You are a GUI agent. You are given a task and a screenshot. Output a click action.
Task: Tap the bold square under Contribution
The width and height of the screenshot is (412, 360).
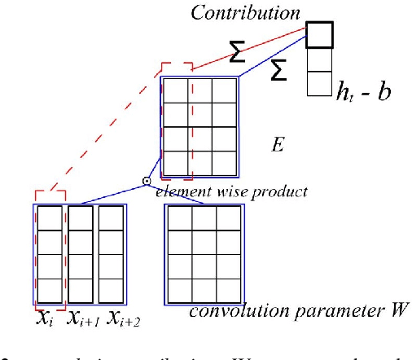point(319,34)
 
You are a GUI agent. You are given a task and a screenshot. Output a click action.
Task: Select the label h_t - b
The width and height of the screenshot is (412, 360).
point(363,90)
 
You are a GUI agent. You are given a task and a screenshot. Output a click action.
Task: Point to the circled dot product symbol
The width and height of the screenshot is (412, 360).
point(147,181)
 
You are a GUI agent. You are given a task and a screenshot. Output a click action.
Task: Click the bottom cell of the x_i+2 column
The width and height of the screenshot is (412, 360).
point(112,289)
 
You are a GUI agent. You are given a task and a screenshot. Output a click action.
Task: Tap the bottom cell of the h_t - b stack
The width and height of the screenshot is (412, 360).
point(319,85)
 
